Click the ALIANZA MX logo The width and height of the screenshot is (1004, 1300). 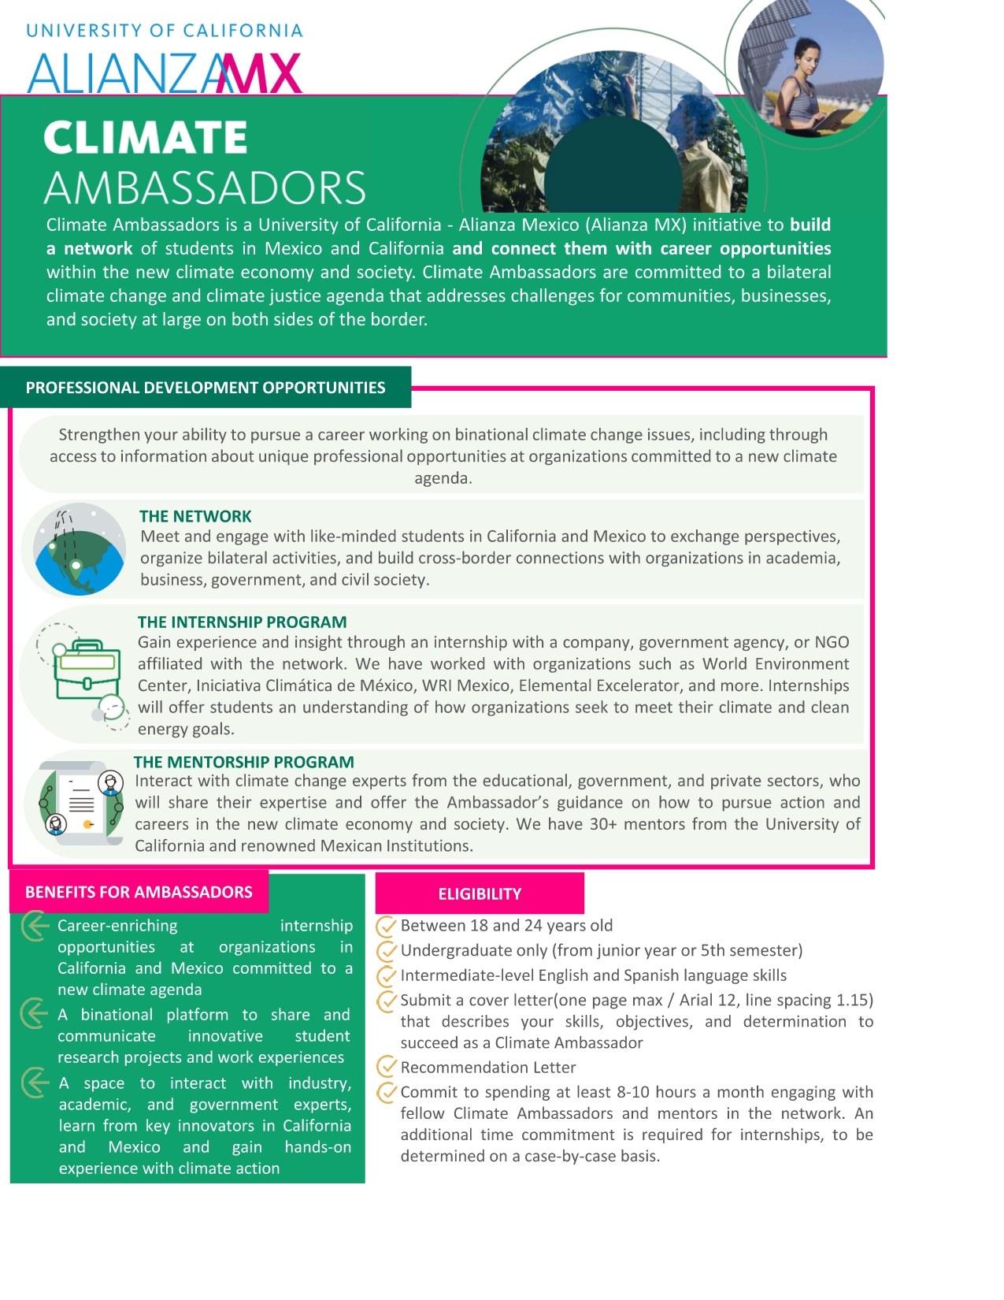(165, 73)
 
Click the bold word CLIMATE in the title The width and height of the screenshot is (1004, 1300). (146, 138)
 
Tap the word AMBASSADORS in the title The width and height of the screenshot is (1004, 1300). (205, 188)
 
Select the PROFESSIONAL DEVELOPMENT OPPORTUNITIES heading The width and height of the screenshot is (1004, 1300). (206, 388)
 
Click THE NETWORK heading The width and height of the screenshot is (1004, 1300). (195, 517)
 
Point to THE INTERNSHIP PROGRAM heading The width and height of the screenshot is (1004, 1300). (242, 622)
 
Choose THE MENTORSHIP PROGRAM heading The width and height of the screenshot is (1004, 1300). (243, 763)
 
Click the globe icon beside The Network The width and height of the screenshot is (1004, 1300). (79, 549)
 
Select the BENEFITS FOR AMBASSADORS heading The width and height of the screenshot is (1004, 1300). (139, 893)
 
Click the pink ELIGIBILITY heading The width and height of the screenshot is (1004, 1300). (480, 894)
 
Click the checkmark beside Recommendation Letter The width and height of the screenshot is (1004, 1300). (387, 1068)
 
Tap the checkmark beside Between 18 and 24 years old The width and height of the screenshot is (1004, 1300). (387, 926)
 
